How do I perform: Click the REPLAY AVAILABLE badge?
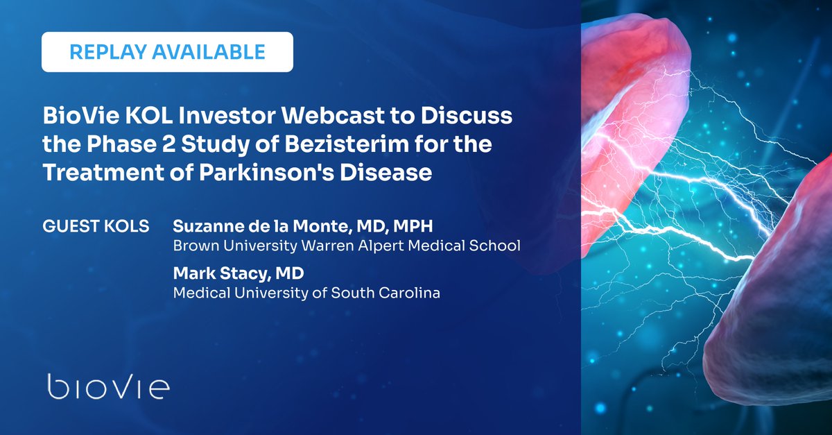[167, 52]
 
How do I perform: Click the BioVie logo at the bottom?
[107, 386]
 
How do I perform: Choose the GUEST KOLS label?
[96, 228]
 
